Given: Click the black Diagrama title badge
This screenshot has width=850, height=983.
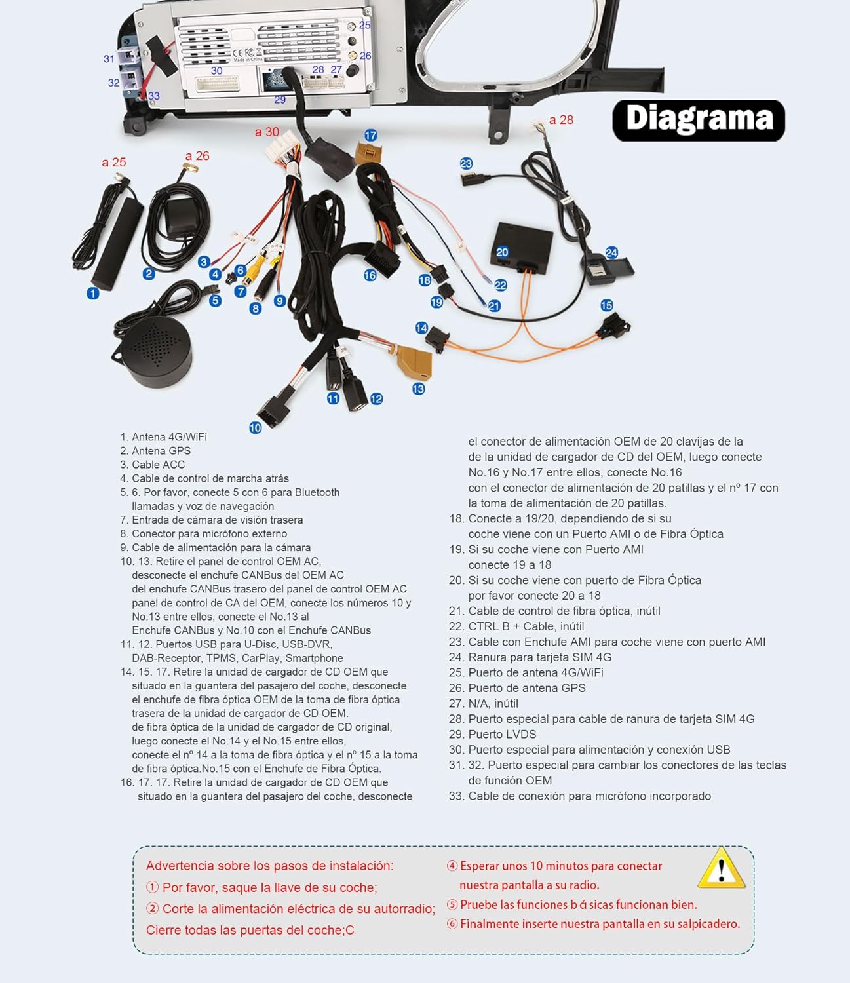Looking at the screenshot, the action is [698, 120].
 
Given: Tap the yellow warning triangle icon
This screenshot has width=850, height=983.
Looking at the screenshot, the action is [721, 868].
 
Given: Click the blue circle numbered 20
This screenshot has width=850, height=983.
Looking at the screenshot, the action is [502, 252].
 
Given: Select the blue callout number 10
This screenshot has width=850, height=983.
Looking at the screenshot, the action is [256, 427].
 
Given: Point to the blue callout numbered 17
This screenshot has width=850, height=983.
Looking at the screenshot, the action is [370, 135].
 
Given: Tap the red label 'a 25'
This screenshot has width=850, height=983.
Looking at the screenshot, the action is [113, 162].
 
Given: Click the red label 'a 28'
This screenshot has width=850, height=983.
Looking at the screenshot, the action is [561, 119].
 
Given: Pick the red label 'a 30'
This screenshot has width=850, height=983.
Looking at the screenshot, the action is [267, 132].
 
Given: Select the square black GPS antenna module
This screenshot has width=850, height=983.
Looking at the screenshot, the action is [179, 216].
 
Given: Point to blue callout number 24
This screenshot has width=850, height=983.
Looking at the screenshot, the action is [611, 252].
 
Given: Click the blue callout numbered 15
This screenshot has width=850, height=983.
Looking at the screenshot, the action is [606, 305].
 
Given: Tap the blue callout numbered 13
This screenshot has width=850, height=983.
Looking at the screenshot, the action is [418, 389].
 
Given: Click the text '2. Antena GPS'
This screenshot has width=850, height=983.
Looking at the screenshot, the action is [155, 450].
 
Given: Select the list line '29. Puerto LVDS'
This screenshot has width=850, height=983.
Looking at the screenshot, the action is [492, 734].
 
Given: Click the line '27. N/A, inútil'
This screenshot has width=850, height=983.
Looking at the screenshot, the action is [483, 703].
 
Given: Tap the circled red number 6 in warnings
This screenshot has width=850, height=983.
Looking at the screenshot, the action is [452, 923].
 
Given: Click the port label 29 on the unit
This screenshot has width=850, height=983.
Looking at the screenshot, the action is [280, 100].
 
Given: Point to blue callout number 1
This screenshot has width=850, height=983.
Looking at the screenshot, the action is [93, 294].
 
